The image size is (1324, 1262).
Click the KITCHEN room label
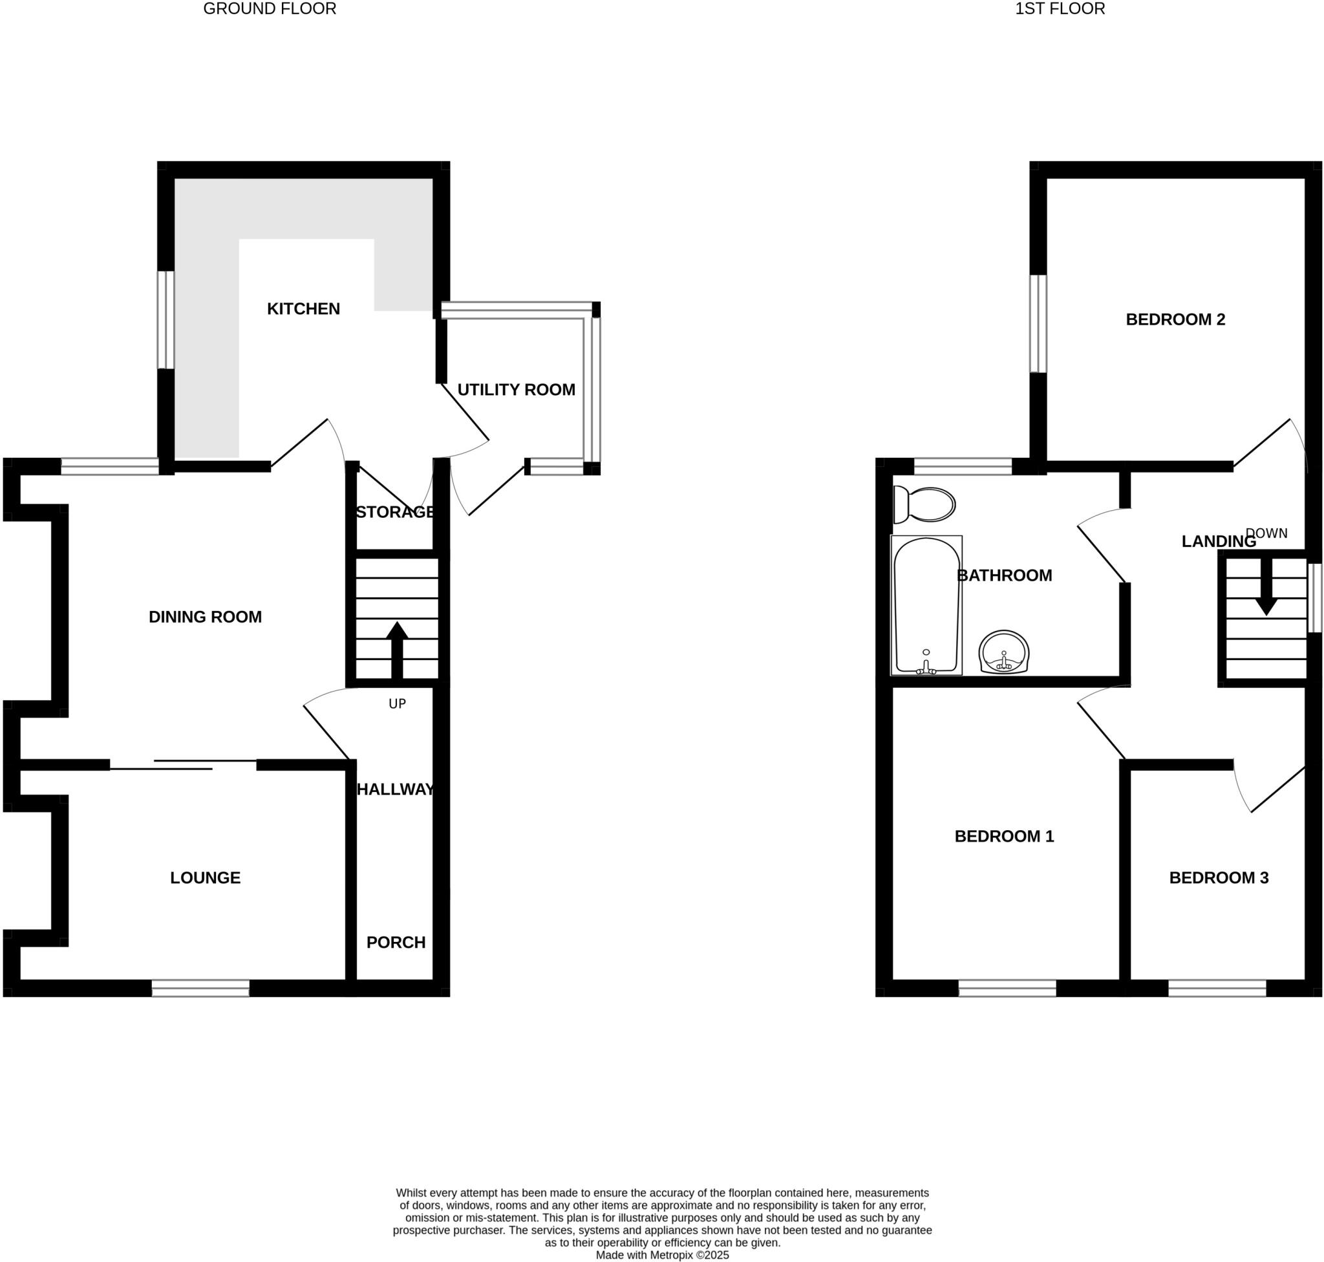(303, 309)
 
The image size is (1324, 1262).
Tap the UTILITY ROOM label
(516, 389)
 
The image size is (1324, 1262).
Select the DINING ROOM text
(205, 617)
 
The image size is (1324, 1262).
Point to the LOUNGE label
(205, 877)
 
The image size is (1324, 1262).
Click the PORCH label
(396, 943)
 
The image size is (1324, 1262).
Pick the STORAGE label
(395, 512)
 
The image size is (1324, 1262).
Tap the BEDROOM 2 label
(1175, 319)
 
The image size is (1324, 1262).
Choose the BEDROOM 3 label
(1219, 877)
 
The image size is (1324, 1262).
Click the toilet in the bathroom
(925, 504)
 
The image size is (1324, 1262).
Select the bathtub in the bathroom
(926, 604)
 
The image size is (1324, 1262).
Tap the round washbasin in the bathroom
(1004, 651)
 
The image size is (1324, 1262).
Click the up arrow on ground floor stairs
(397, 648)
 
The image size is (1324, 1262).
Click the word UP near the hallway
(397, 703)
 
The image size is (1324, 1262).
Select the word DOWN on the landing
(1267, 533)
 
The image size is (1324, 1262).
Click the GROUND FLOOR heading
(269, 9)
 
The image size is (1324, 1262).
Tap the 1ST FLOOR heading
(1060, 9)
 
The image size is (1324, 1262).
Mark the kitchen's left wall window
(165, 319)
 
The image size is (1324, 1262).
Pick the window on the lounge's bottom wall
(200, 989)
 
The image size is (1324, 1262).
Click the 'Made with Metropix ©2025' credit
(662, 1255)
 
